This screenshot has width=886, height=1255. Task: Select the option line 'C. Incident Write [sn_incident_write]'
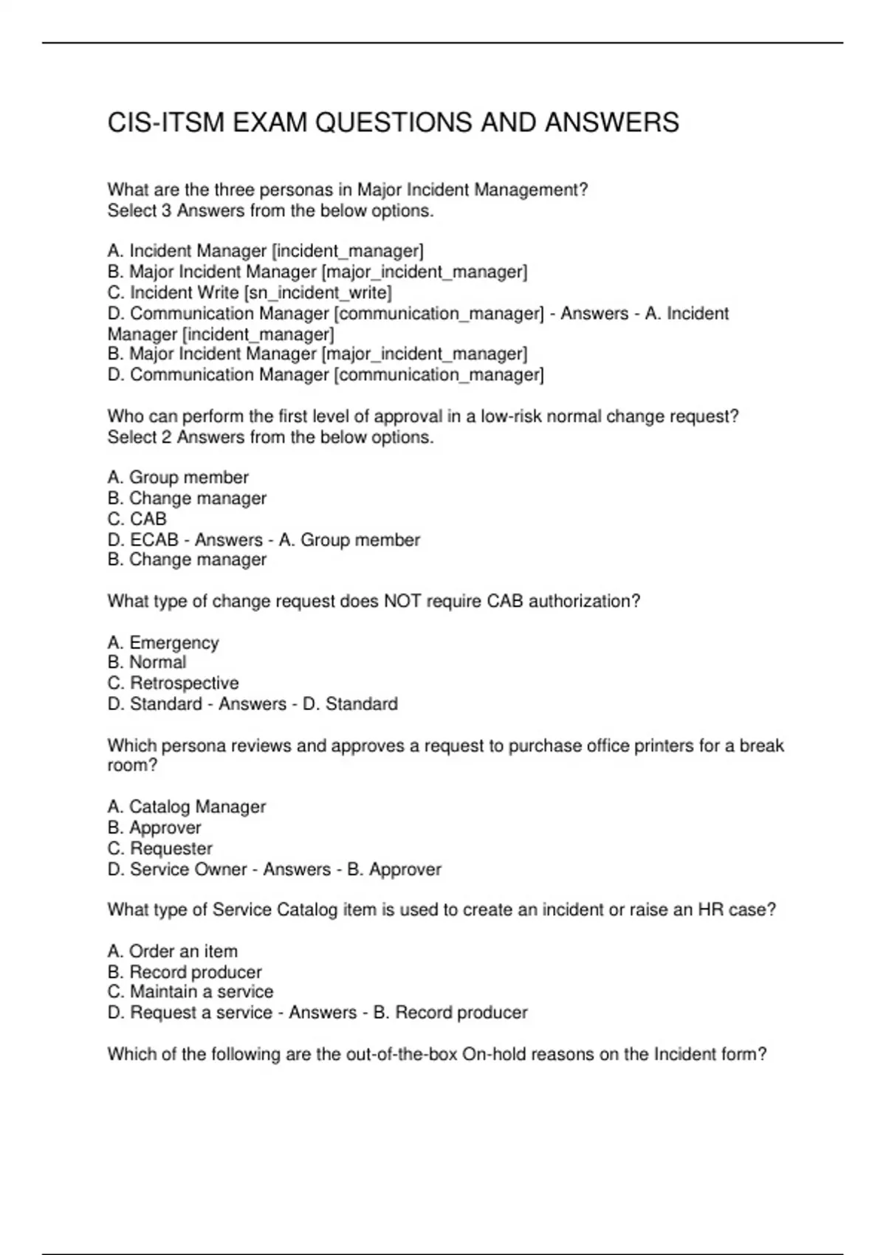tap(250, 292)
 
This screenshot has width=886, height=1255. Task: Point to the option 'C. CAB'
tap(137, 519)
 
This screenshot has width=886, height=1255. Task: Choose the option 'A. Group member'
tap(178, 478)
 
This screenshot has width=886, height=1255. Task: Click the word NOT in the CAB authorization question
tap(402, 602)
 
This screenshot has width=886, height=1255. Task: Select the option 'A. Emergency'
tap(163, 643)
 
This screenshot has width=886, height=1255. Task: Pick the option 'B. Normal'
tap(147, 662)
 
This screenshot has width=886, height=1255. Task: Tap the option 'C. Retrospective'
tap(174, 683)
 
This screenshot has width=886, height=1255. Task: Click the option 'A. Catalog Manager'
tap(187, 807)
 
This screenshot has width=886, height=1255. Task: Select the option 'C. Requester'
tap(160, 848)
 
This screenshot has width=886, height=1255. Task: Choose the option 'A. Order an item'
tap(173, 952)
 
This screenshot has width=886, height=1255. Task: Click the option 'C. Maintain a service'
tap(190, 991)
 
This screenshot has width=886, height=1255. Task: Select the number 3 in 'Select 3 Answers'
tap(166, 211)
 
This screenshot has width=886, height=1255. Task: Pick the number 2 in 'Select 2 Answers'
tap(166, 438)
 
